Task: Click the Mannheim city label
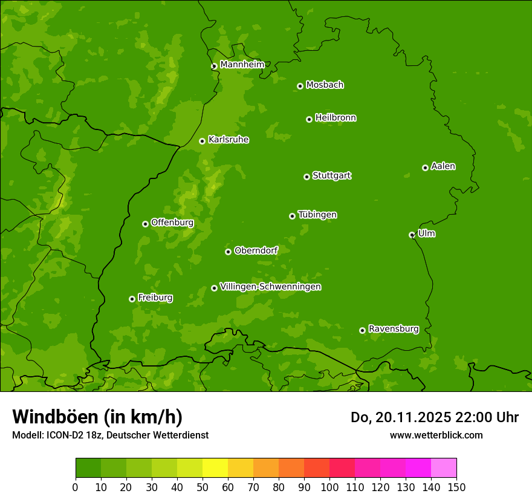point(242,64)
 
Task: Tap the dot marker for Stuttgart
point(307,177)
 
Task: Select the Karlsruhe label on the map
point(228,140)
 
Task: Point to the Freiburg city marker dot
point(132,299)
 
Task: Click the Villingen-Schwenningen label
point(270,287)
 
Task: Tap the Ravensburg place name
point(393,329)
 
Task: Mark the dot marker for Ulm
point(412,235)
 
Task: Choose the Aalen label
point(443,166)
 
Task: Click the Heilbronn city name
point(336,118)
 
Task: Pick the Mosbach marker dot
point(300,86)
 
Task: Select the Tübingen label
point(317,215)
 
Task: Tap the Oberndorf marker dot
point(228,252)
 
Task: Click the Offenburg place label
point(172,223)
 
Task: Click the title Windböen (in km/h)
point(97,417)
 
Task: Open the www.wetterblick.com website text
point(436,435)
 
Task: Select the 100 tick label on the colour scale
point(329,487)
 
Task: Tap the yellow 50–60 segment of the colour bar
point(215,468)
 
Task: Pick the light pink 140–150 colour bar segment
point(444,468)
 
